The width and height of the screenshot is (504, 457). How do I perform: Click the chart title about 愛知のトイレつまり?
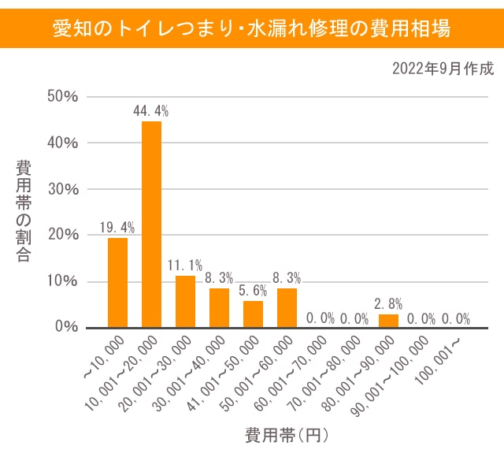252,29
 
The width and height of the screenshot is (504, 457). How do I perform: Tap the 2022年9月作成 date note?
443,69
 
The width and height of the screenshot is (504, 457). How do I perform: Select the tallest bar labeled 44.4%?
151,225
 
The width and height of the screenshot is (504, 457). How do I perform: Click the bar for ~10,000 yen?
117,282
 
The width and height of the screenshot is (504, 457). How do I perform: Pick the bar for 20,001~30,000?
185,301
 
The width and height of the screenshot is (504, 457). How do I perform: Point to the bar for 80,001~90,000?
388,321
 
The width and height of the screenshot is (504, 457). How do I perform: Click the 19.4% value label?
117,228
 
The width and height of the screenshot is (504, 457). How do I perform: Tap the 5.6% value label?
253,291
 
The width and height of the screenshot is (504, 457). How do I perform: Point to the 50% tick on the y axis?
62,97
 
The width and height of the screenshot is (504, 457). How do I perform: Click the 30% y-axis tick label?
62,189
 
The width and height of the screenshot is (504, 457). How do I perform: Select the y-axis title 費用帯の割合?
24,211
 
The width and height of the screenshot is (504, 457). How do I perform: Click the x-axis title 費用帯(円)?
285,434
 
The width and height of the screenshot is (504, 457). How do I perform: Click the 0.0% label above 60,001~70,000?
321,318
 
